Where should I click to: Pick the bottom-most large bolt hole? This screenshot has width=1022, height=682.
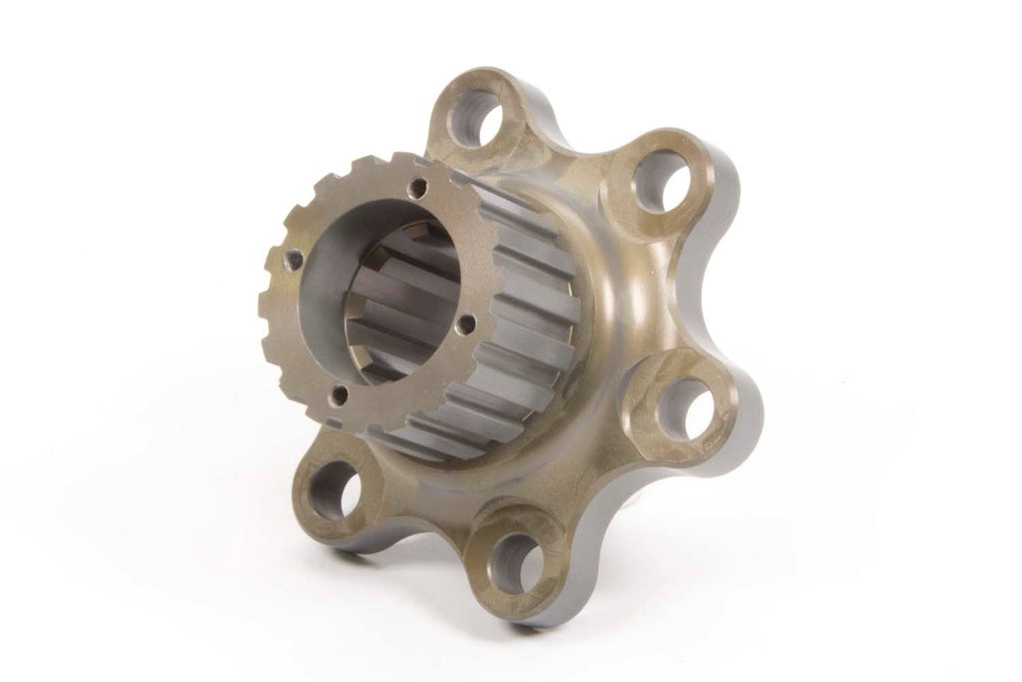tap(517, 561)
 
